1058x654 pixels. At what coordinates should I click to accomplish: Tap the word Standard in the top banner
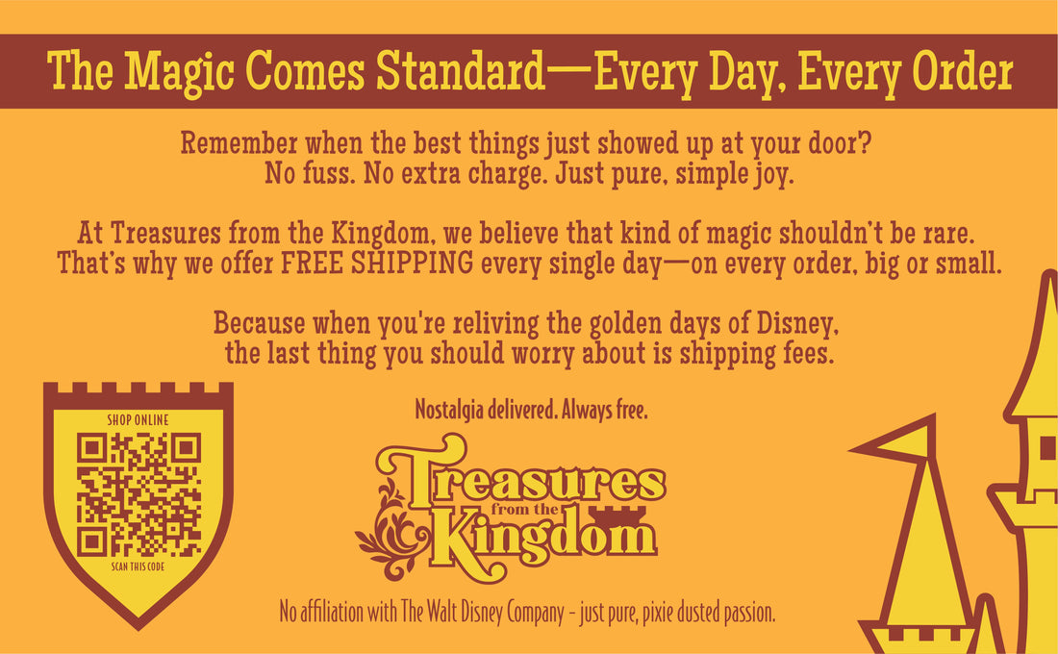(x=460, y=70)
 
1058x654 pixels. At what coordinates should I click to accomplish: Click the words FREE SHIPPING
(x=376, y=264)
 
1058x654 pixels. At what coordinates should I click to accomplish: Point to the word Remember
(x=239, y=143)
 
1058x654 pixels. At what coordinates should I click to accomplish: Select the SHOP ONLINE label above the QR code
(x=138, y=420)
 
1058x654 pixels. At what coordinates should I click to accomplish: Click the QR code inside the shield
(x=139, y=494)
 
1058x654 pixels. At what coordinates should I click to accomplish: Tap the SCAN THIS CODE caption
(x=138, y=566)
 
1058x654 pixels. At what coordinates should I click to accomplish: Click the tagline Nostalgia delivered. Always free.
(x=531, y=410)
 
